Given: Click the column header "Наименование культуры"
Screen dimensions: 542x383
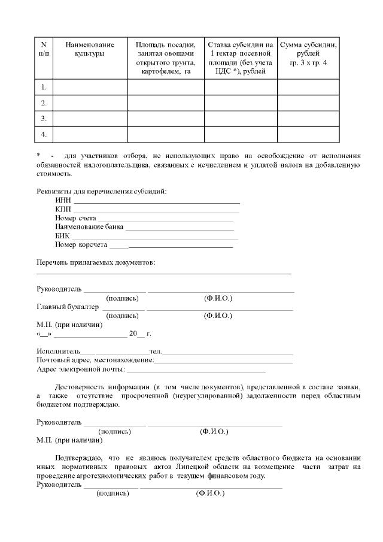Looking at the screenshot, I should coord(90,49).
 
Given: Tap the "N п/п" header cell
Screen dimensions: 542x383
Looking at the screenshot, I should coord(43,49).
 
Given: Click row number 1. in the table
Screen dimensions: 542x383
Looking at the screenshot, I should coord(44,87).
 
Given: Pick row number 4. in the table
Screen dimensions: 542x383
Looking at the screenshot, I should coord(44,134).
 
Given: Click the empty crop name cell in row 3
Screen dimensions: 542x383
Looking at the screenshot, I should coord(90,119).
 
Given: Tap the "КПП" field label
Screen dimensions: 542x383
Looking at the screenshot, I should coord(63,208).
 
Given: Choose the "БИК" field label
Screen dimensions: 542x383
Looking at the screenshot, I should coord(62,235).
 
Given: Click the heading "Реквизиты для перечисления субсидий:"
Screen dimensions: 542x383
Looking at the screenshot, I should coord(102,191).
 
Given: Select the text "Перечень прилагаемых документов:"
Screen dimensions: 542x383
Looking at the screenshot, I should coord(96,262).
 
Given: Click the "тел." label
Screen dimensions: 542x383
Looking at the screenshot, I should coord(156,350).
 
